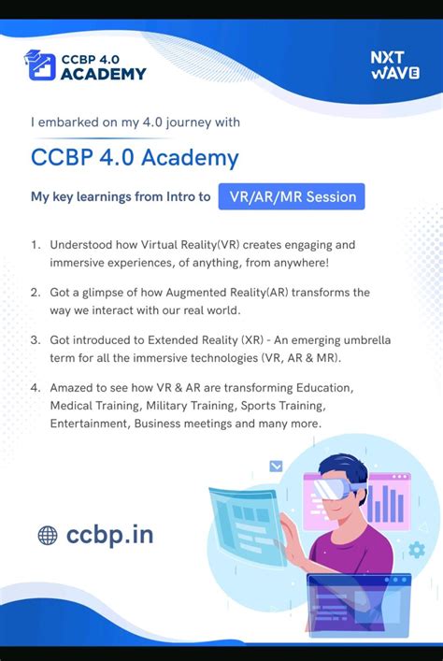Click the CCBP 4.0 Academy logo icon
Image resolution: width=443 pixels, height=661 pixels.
tap(42, 65)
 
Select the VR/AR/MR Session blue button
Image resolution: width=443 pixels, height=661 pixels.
tap(292, 197)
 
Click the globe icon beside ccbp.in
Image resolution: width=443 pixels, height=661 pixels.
tap(48, 535)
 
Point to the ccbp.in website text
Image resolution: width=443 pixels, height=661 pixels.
tap(110, 535)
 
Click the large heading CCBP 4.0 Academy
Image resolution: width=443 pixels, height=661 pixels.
tap(135, 157)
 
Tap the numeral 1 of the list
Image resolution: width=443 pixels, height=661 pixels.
tap(35, 244)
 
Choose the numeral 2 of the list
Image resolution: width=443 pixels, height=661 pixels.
tap(35, 293)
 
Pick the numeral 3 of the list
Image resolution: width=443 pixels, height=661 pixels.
tap(35, 339)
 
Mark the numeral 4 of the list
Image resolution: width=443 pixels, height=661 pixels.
tap(35, 387)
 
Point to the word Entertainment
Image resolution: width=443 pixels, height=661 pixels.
tap(90, 424)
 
